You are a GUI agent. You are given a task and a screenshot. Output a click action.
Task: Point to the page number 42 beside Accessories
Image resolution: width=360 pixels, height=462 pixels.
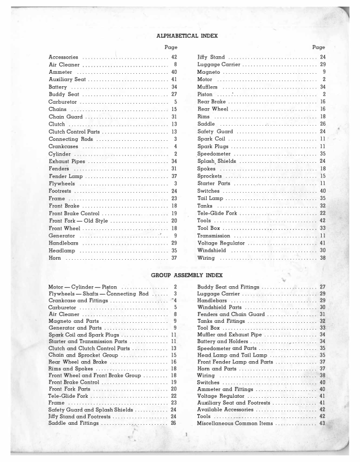pyautogui.click(x=174, y=57)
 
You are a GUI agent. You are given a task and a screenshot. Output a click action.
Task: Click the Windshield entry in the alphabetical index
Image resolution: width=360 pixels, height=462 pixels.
pyautogui.click(x=212, y=250)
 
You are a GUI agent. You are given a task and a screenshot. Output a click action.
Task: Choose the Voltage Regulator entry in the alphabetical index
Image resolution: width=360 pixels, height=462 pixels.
pyautogui.click(x=223, y=243)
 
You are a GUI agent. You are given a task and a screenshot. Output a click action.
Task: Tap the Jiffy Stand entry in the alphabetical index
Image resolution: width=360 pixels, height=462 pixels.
pyautogui.click(x=211, y=57)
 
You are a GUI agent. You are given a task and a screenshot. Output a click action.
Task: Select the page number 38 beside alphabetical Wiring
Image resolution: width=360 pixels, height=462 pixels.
pyautogui.click(x=323, y=257)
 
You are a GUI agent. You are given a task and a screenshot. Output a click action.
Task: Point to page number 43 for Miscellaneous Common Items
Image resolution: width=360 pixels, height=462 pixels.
pyautogui.click(x=322, y=423)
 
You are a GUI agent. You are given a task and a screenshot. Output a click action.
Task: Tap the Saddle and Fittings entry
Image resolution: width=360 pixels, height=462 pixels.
pyautogui.click(x=74, y=423)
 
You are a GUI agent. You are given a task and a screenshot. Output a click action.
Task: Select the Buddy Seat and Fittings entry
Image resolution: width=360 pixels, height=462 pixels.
pyautogui.click(x=228, y=287)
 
